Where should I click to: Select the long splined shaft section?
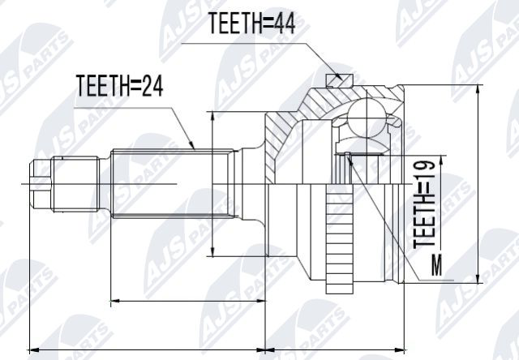162,184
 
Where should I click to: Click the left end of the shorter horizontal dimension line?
110,302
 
